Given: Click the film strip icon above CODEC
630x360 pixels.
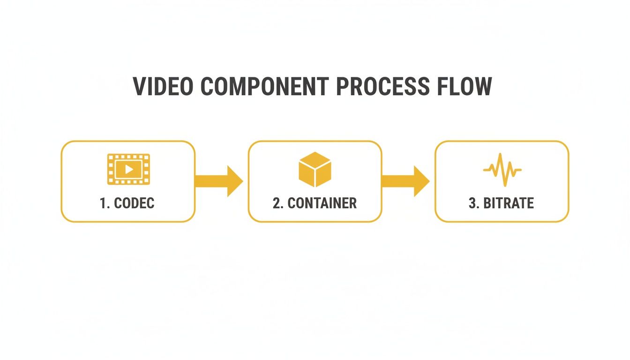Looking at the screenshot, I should tap(128, 169).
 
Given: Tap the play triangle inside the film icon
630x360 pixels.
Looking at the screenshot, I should tap(129, 169).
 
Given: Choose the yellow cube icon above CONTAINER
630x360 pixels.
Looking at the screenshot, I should tap(315, 169).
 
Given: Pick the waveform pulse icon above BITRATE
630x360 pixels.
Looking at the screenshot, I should tap(502, 169).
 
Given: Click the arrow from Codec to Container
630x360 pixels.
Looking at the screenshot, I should tap(218, 181).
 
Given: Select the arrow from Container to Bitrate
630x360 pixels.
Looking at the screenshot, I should tap(405, 181).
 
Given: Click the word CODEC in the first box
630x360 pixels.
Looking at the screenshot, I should tap(134, 203).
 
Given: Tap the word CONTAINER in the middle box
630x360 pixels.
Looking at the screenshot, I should tap(322, 203).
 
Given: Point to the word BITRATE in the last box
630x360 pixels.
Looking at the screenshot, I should tap(508, 203).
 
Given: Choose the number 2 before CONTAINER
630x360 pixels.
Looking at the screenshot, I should tap(276, 203).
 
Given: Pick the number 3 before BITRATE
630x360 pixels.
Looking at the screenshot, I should tap(472, 203).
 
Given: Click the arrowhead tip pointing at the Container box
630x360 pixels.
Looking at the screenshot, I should tap(241, 181).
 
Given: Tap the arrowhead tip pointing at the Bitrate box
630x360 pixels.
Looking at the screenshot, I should tap(427, 181).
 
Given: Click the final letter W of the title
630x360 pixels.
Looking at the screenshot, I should tap(482, 87).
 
